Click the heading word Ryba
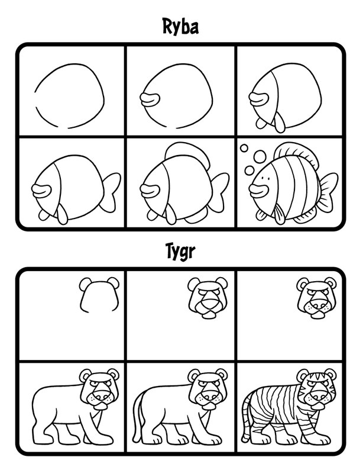tap(180, 27)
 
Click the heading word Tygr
tap(181, 251)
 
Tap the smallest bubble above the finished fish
tap(244, 148)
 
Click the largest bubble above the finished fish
tap(260, 156)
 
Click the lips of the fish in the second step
tap(150, 99)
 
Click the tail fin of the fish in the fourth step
tap(111, 192)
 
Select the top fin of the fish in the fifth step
tap(187, 152)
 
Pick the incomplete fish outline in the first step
tap(70, 96)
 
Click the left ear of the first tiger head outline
tap(85, 284)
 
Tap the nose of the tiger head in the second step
tap(208, 304)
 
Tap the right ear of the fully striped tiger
tap(330, 375)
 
